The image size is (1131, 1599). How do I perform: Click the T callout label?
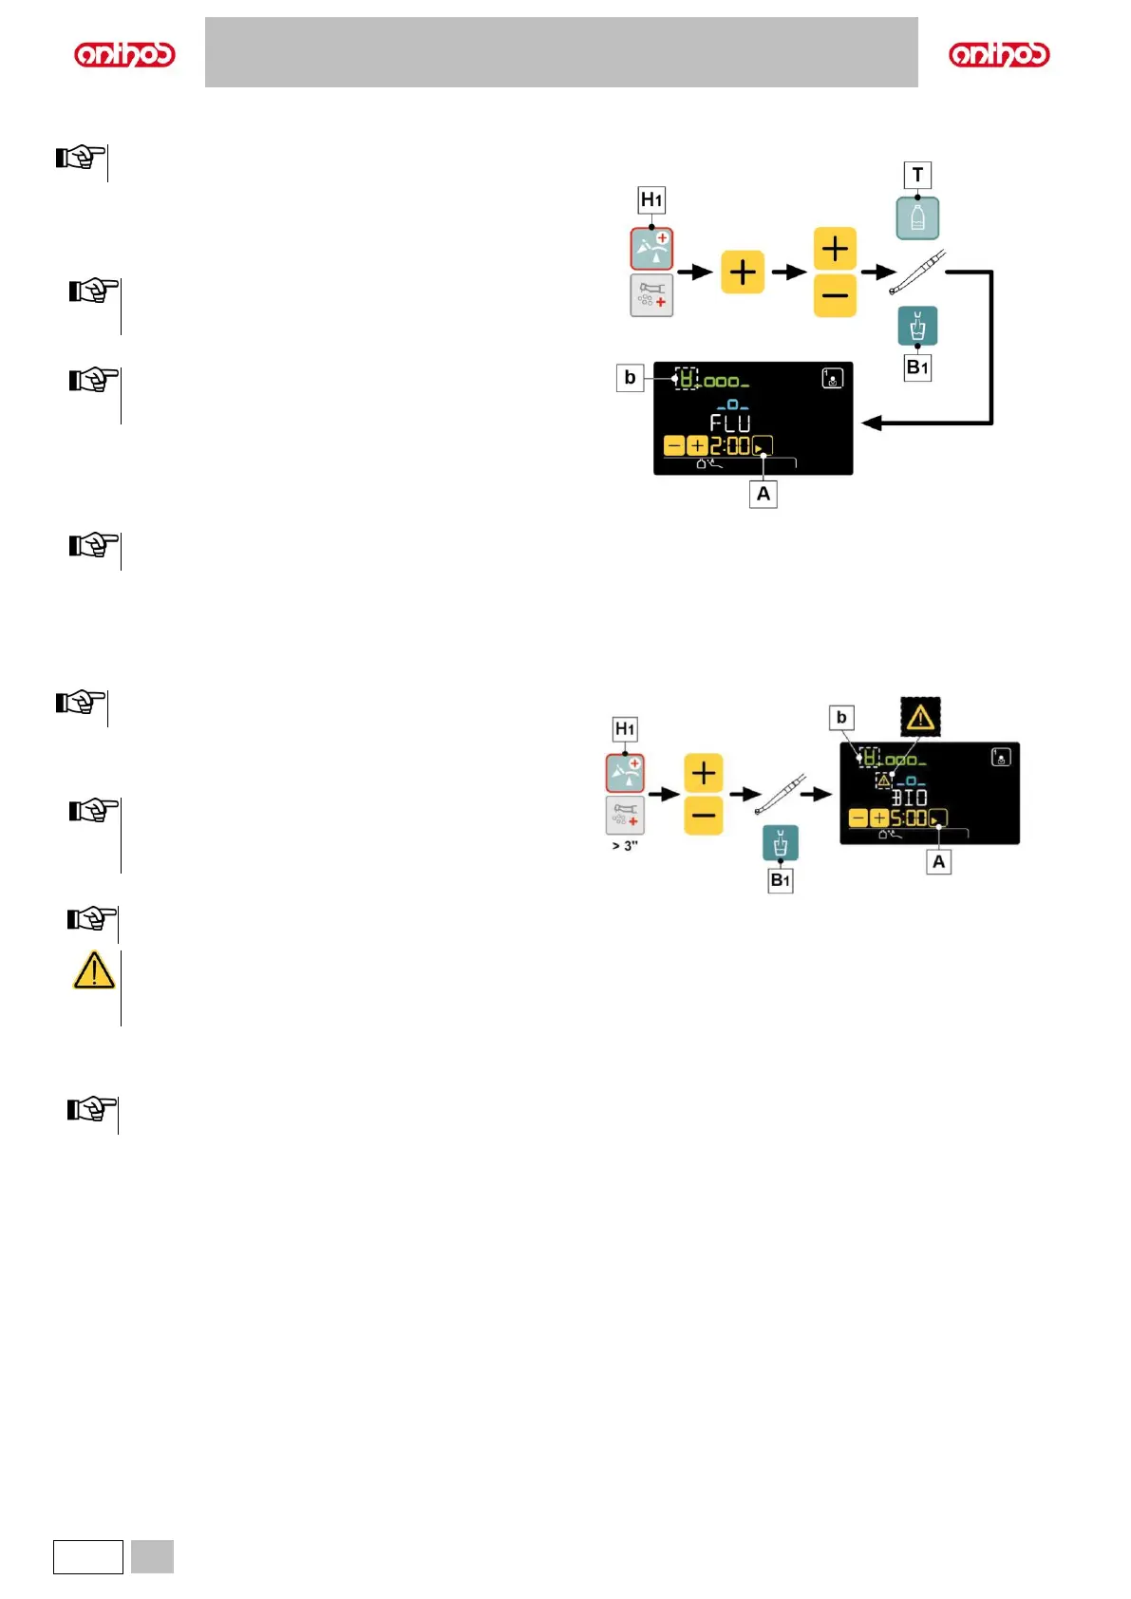click(x=917, y=175)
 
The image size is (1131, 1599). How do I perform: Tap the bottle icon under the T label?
click(x=917, y=218)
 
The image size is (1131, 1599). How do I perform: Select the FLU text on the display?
click(x=730, y=423)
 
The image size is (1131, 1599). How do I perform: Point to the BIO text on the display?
click(x=909, y=798)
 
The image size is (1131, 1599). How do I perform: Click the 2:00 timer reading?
click(x=729, y=445)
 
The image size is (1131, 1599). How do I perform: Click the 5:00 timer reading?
click(x=908, y=818)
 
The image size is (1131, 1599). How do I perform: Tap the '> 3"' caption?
click(x=625, y=846)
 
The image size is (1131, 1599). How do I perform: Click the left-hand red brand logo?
click(x=124, y=54)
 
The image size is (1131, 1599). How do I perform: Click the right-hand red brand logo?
click(x=999, y=54)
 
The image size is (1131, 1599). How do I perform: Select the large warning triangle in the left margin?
click(x=94, y=970)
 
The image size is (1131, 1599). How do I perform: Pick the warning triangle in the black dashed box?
click(x=920, y=717)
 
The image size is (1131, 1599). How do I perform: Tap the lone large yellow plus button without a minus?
click(x=743, y=273)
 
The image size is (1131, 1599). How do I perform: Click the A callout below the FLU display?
click(x=763, y=494)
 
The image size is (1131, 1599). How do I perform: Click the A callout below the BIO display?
click(x=938, y=862)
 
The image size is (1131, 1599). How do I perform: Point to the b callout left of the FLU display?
click(x=630, y=378)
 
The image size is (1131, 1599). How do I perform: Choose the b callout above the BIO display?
click(x=841, y=718)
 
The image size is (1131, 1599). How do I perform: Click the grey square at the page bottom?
click(x=152, y=1557)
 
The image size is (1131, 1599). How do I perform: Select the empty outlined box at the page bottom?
click(x=88, y=1557)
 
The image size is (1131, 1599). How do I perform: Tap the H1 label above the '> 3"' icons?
click(x=625, y=729)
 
